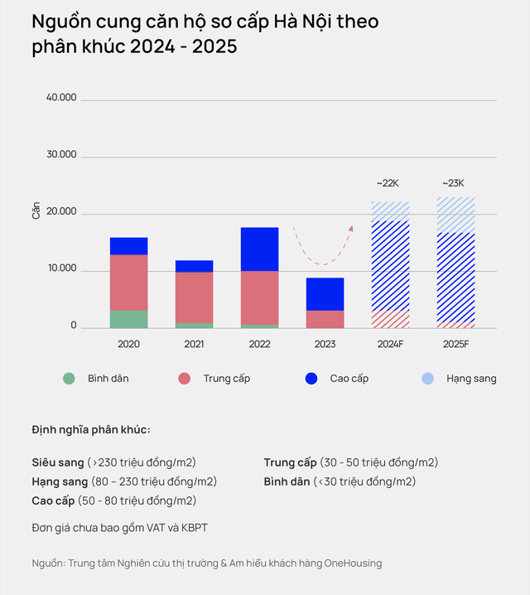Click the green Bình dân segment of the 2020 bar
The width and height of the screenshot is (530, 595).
(128, 318)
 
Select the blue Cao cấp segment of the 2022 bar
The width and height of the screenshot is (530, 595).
(259, 249)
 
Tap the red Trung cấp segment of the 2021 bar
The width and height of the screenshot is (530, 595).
(194, 297)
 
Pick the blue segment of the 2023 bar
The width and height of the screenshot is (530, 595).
(325, 293)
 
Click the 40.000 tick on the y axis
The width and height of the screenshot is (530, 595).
(61, 98)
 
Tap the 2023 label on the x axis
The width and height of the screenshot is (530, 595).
(325, 343)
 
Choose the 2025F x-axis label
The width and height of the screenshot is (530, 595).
(455, 343)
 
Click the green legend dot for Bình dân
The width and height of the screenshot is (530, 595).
(69, 379)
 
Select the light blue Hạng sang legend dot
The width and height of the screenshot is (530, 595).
(427, 379)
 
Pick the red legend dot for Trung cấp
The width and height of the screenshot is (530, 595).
(185, 379)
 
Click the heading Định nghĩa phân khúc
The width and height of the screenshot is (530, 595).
(91, 429)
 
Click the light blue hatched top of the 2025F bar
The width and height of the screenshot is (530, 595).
(455, 214)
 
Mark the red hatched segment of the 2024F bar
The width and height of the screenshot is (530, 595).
(390, 319)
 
